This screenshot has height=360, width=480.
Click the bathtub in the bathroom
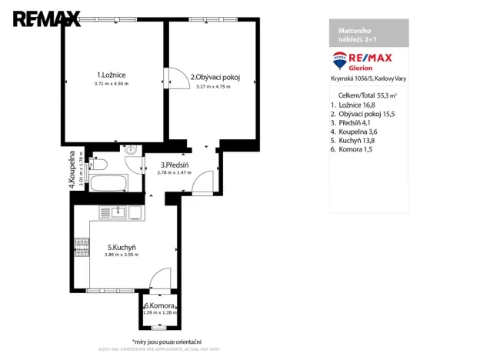[107, 182]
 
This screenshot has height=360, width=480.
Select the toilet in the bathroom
[98, 163]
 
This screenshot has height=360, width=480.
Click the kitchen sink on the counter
[117, 213]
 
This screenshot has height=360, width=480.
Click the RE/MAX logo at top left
[46, 18]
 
